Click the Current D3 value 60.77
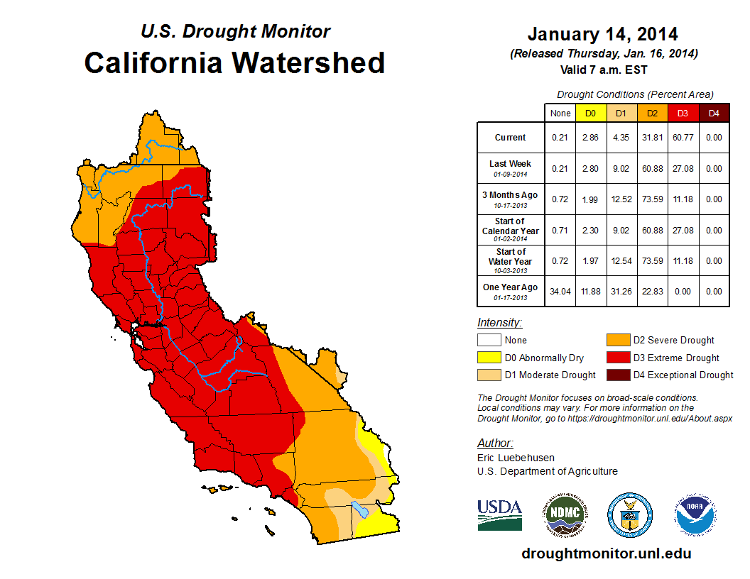[x=683, y=138]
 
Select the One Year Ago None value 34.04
[x=560, y=291]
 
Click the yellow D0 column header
[x=590, y=113]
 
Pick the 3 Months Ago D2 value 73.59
[x=652, y=199]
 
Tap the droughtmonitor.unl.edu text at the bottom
[x=606, y=553]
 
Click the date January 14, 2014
[x=602, y=34]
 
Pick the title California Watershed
[x=234, y=62]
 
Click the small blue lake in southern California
[x=359, y=509]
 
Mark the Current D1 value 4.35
[x=621, y=138]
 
